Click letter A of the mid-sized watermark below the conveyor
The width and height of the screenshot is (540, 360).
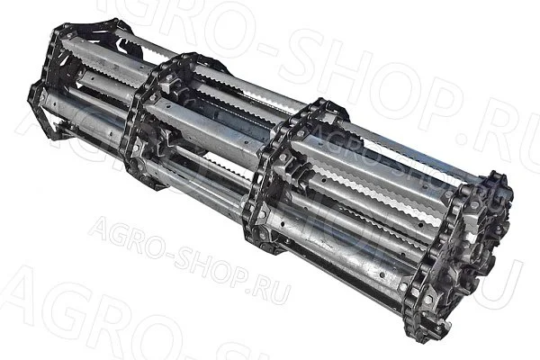(x=100, y=226)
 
